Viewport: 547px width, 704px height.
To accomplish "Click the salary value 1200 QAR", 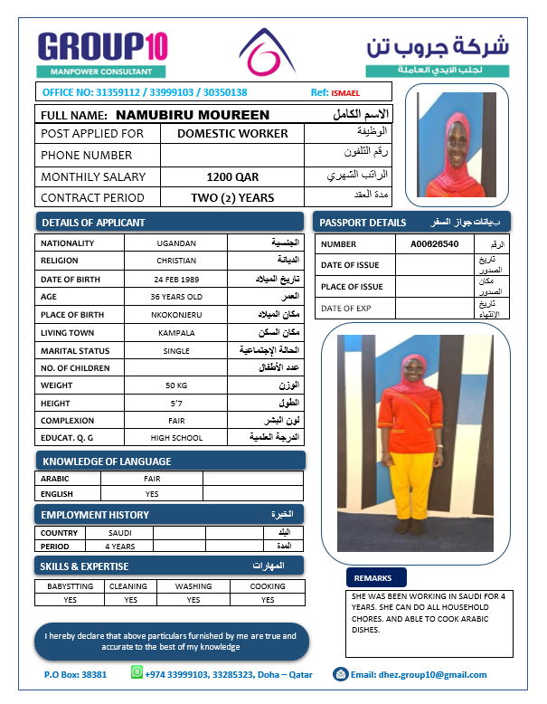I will [232, 176].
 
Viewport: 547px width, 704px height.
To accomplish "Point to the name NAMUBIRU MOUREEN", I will [193, 115].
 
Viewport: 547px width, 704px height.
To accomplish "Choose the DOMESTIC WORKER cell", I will [232, 133].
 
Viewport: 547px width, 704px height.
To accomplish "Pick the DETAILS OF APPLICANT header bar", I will [170, 222].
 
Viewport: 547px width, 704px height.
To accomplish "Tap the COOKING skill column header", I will [268, 586].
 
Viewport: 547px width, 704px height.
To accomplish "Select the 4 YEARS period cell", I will [120, 547].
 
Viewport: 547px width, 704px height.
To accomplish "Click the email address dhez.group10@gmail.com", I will [418, 674].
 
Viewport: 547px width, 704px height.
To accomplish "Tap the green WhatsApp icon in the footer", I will [137, 672].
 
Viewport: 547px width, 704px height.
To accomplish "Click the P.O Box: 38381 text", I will [75, 674].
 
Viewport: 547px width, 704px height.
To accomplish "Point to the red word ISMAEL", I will [345, 92].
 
